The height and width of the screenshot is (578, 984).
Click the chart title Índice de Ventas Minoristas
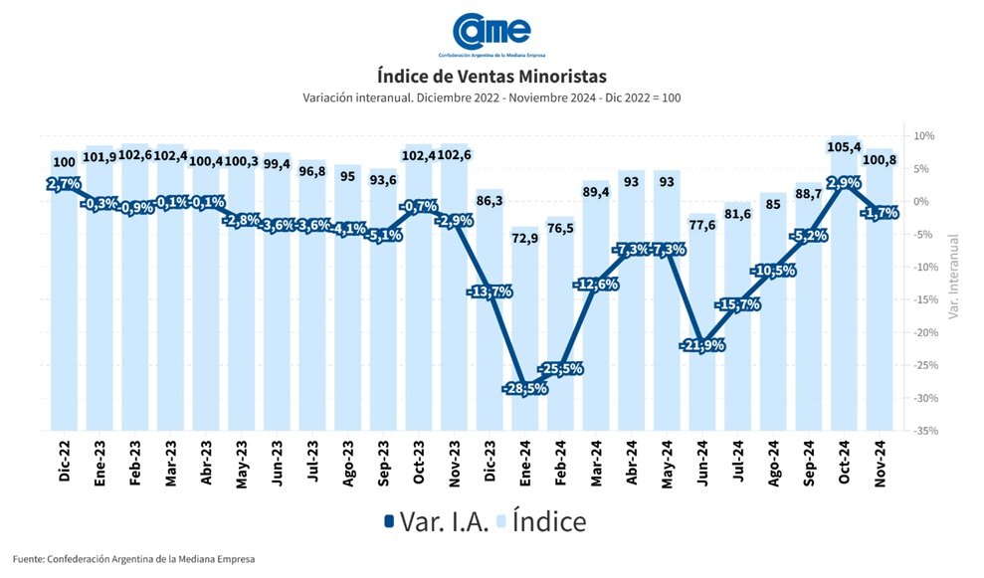click(492, 76)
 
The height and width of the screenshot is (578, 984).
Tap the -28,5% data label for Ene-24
click(525, 387)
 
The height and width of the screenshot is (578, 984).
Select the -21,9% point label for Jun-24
click(700, 345)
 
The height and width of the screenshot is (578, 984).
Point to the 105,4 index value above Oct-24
click(844, 148)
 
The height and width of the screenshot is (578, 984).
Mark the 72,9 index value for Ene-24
click(525, 239)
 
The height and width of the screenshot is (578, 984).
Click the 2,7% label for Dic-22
click(63, 184)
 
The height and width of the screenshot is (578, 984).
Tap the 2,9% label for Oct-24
click(843, 183)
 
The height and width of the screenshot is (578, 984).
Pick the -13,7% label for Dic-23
click(490, 291)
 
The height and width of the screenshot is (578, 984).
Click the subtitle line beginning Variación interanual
click(492, 97)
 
